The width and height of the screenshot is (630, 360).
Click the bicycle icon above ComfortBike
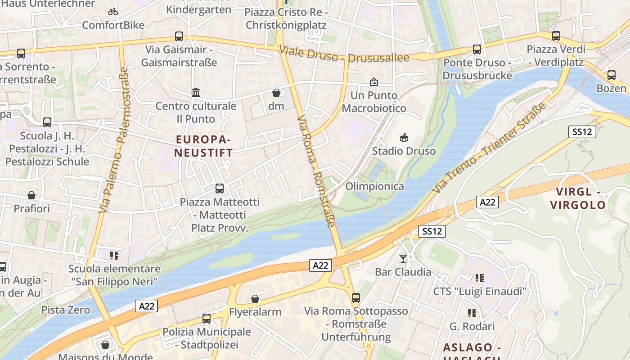tap(113, 12)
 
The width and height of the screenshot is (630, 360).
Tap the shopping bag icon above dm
tap(276, 93)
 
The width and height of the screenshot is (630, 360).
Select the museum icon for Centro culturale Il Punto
tap(196, 93)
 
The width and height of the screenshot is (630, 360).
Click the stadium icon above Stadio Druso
tap(404, 137)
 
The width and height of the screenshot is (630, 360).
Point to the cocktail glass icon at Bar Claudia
tap(403, 258)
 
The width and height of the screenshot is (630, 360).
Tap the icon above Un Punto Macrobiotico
tap(373, 82)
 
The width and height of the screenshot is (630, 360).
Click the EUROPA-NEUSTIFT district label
tap(204, 146)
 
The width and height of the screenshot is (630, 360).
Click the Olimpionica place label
tap(374, 186)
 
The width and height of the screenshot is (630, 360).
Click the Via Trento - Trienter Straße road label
tap(490, 147)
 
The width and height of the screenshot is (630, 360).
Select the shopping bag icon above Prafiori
tap(31, 195)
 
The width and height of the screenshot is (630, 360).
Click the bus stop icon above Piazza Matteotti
tap(220, 188)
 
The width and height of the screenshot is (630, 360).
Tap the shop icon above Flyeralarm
tap(255, 298)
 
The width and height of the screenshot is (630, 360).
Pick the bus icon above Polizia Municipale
tap(207, 319)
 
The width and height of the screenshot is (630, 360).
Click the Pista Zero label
tap(66, 310)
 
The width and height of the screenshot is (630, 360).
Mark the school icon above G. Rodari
tap(472, 313)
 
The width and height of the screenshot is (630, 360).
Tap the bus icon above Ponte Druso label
tap(477, 49)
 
